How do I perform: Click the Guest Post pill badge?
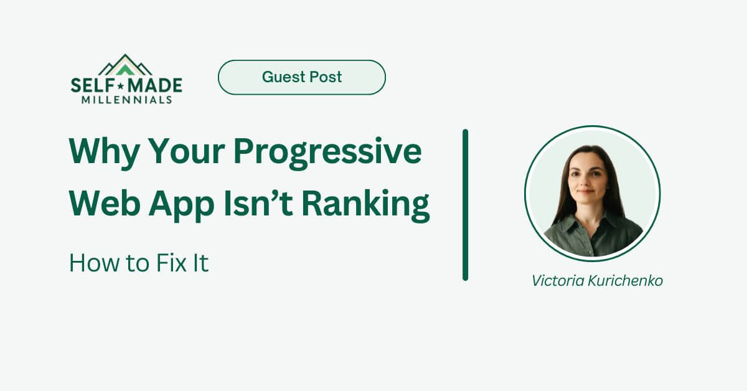coord(301,77)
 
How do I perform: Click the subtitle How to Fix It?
coord(138,263)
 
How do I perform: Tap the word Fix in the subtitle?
coord(166,263)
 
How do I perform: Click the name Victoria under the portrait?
coord(557,281)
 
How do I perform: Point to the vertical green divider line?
coord(465,205)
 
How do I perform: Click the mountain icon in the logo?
coord(126,65)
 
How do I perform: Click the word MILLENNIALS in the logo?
coord(126,100)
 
